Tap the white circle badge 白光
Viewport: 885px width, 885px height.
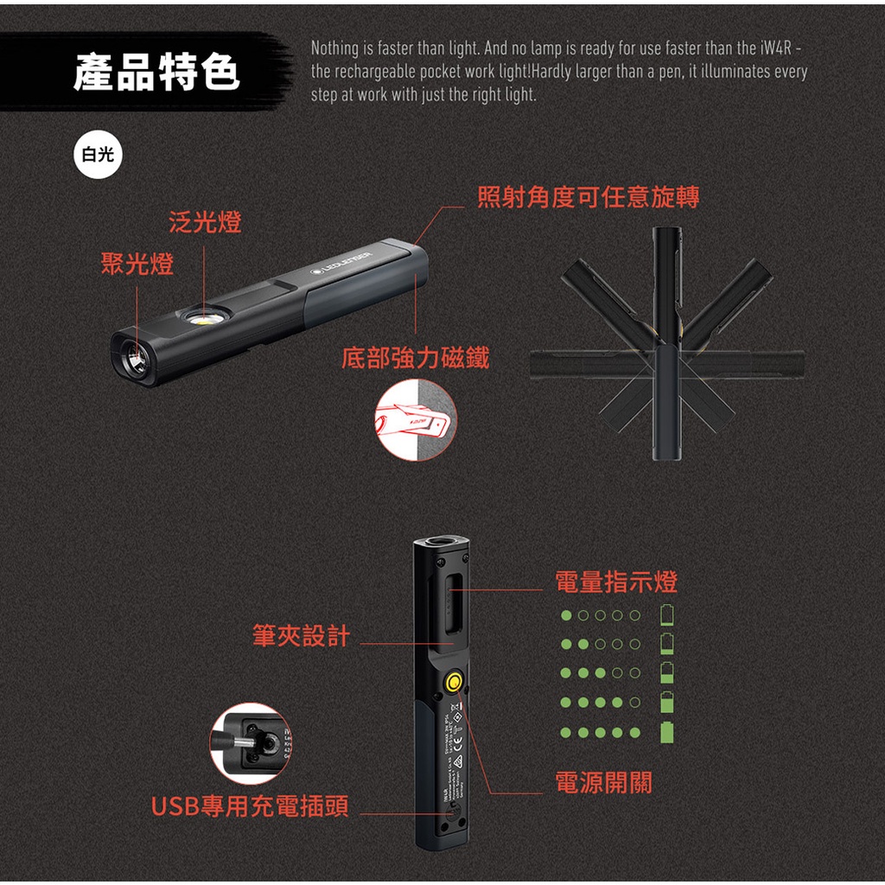98,155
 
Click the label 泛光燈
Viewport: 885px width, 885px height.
205,222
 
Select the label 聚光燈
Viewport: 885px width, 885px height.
137,264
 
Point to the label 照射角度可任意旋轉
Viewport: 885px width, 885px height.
588,198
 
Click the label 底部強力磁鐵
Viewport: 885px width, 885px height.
415,358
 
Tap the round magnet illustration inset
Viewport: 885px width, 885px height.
415,420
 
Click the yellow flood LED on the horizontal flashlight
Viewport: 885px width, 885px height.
205,320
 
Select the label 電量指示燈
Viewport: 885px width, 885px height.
616,582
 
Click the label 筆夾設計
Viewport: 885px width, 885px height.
301,637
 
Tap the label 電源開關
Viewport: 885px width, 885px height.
603,784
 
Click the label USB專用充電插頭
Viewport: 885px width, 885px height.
250,807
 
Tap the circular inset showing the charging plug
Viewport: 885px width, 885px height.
250,743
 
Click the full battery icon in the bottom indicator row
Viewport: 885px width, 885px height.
666,732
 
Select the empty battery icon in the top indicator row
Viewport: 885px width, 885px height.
666,615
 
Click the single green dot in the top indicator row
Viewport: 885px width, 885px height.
566,615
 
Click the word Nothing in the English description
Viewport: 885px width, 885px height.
332,48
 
